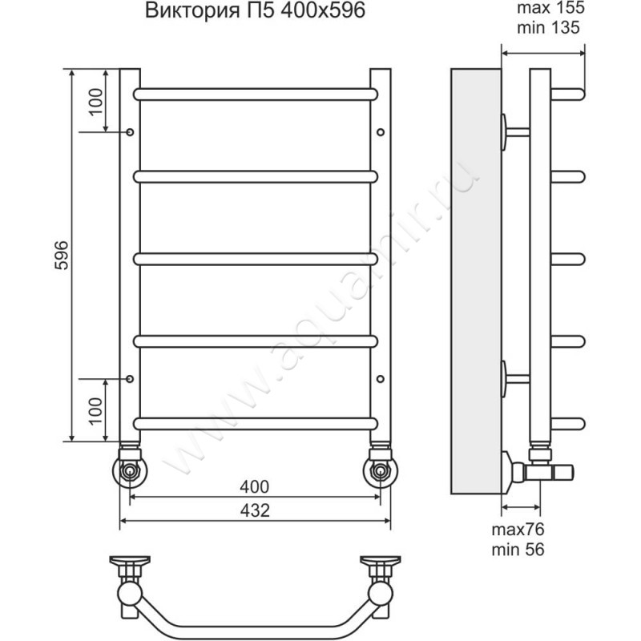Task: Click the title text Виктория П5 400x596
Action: coord(255,10)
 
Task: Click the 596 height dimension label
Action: coord(62,255)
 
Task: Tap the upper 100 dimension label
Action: coord(96,102)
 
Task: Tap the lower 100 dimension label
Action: coord(96,410)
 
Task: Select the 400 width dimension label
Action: coord(254,487)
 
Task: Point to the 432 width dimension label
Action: coord(254,510)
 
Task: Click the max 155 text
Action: coord(550,8)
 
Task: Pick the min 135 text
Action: coord(548,27)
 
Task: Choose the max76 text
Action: coord(518,530)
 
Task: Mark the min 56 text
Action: coord(518,550)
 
